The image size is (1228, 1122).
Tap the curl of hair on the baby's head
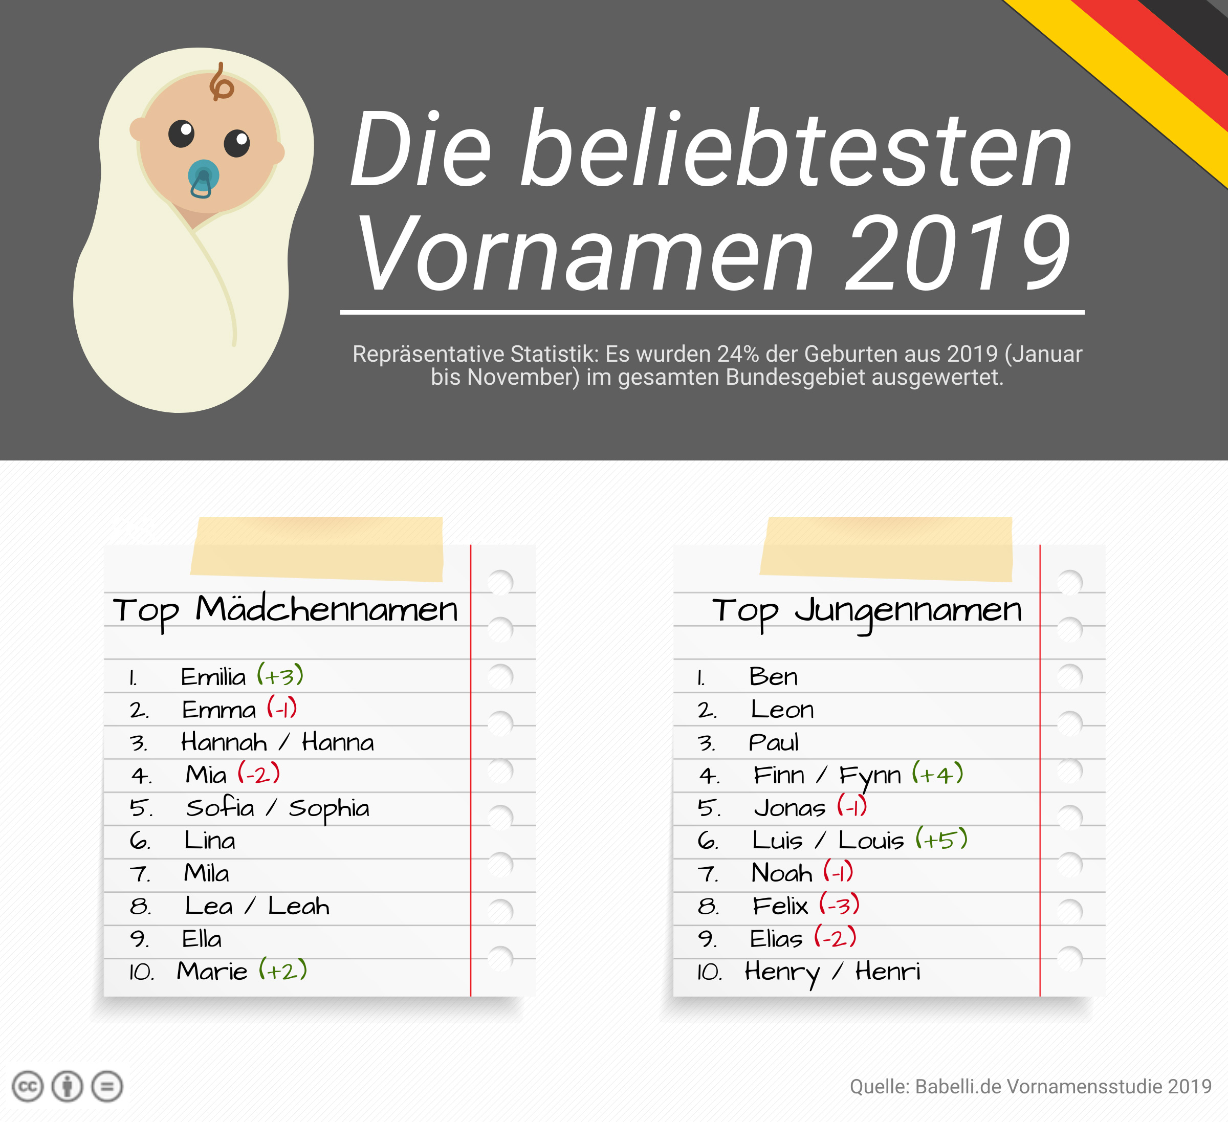tap(221, 84)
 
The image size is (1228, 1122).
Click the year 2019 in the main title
tap(957, 253)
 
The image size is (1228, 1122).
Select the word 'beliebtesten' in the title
tap(796, 149)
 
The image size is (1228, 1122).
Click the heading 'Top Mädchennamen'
tap(285, 610)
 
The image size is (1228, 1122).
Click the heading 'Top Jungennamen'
tap(867, 610)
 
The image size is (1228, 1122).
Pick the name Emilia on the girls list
tap(213, 677)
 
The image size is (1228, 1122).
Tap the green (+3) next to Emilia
tap(280, 675)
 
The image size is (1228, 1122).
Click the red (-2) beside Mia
tap(259, 774)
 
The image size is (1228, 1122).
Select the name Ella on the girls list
tap(202, 939)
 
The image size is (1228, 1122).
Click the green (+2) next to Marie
tap(282, 970)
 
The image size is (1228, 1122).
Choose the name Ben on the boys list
tap(773, 677)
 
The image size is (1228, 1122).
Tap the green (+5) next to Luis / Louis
tap(941, 840)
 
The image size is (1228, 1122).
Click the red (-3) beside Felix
tap(839, 905)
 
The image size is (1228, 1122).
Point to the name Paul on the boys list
tap(773, 742)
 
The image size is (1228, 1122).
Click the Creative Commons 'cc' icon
tap(28, 1087)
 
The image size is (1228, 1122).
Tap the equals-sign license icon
tap(107, 1087)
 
